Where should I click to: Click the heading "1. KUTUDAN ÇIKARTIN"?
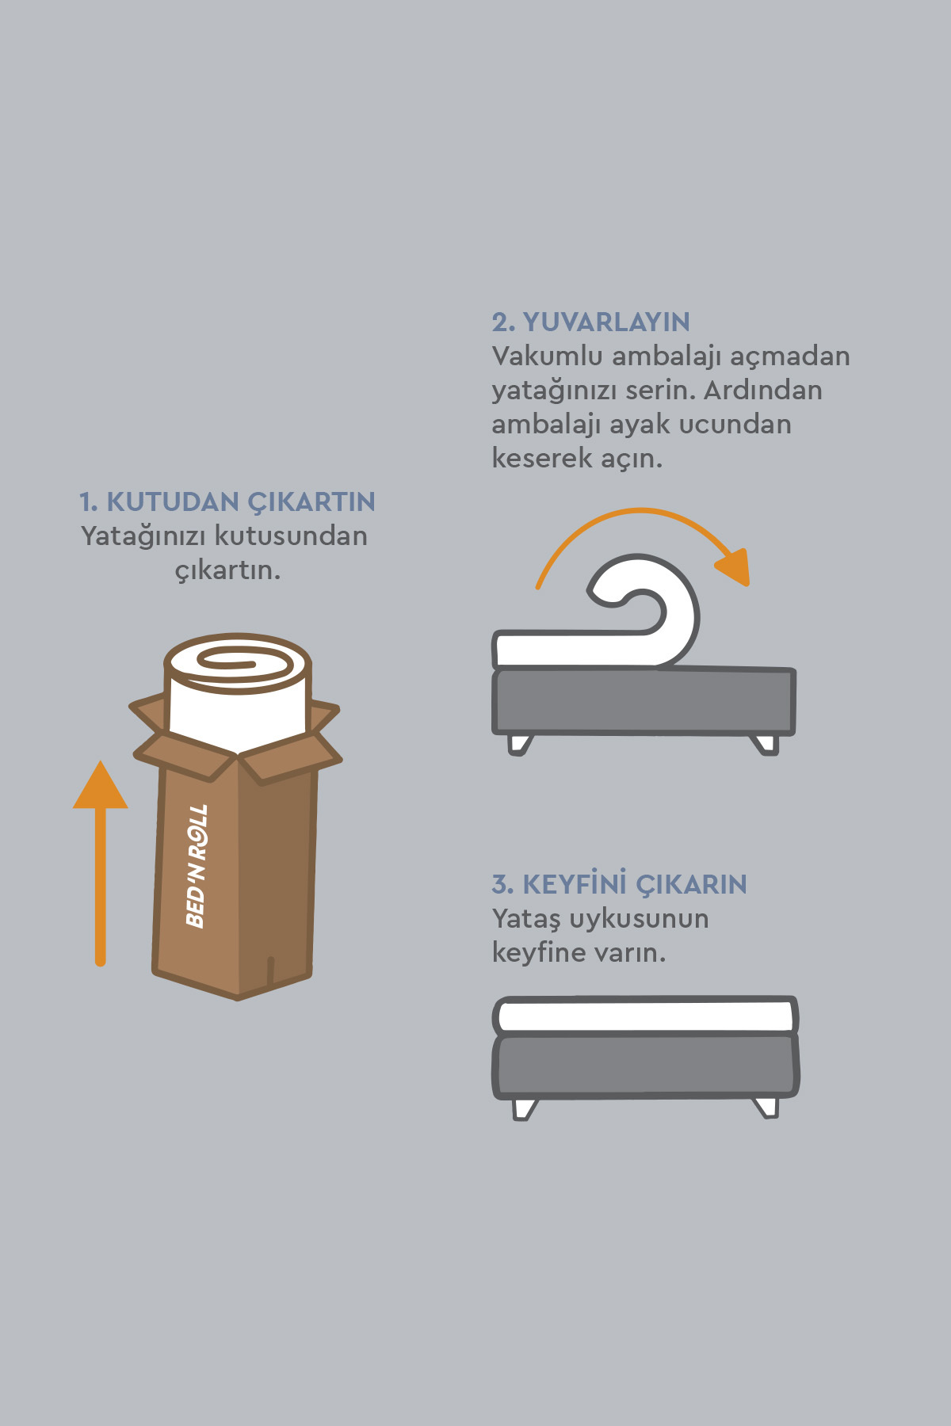tap(227, 502)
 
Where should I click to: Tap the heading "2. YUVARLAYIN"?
tap(590, 322)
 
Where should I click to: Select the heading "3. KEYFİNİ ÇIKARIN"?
tap(619, 883)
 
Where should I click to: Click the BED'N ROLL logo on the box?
tap(197, 865)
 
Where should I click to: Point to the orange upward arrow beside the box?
tap(101, 864)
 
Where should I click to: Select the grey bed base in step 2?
tap(644, 701)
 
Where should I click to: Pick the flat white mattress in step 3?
tap(645, 1016)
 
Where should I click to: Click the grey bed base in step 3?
tap(645, 1066)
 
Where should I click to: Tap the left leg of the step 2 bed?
tap(519, 745)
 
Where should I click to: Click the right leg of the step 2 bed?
tap(766, 745)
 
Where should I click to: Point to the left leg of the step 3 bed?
tap(525, 1108)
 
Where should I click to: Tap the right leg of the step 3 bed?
tap(766, 1107)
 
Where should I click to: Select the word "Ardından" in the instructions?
tap(762, 390)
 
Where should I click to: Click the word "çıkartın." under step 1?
tap(227, 570)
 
